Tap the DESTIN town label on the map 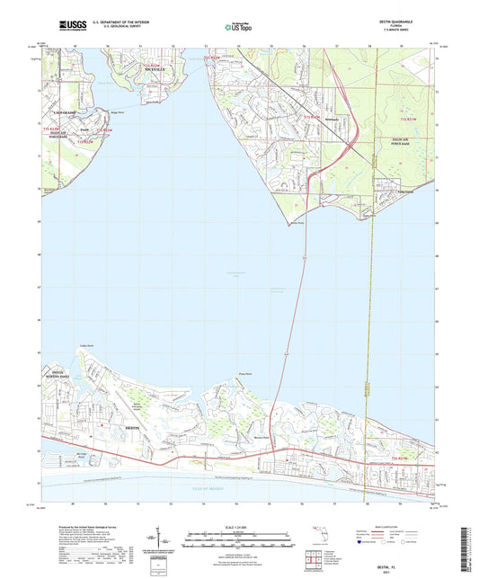tap(133, 426)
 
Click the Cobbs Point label tap(87, 345)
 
